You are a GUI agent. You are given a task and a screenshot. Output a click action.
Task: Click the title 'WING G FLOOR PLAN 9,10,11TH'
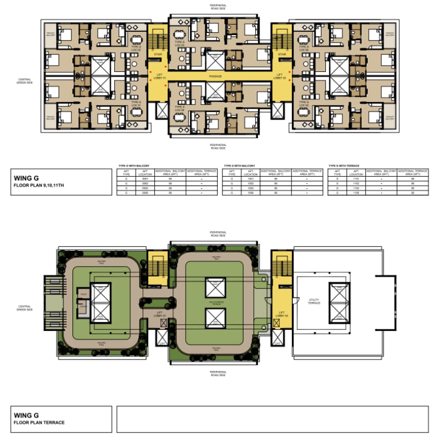click(38, 181)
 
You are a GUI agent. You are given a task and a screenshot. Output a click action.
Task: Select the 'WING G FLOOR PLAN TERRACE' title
click(38, 419)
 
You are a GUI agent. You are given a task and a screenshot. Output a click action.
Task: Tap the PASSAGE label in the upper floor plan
click(216, 76)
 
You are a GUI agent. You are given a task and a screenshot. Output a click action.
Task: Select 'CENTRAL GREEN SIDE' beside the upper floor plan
click(25, 79)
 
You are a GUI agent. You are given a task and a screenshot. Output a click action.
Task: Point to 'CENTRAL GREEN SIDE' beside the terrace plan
click(25, 309)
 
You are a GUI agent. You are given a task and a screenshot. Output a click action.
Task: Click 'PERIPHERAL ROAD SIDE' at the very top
click(217, 7)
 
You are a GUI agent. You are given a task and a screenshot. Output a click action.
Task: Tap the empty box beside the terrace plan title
click(272, 419)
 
